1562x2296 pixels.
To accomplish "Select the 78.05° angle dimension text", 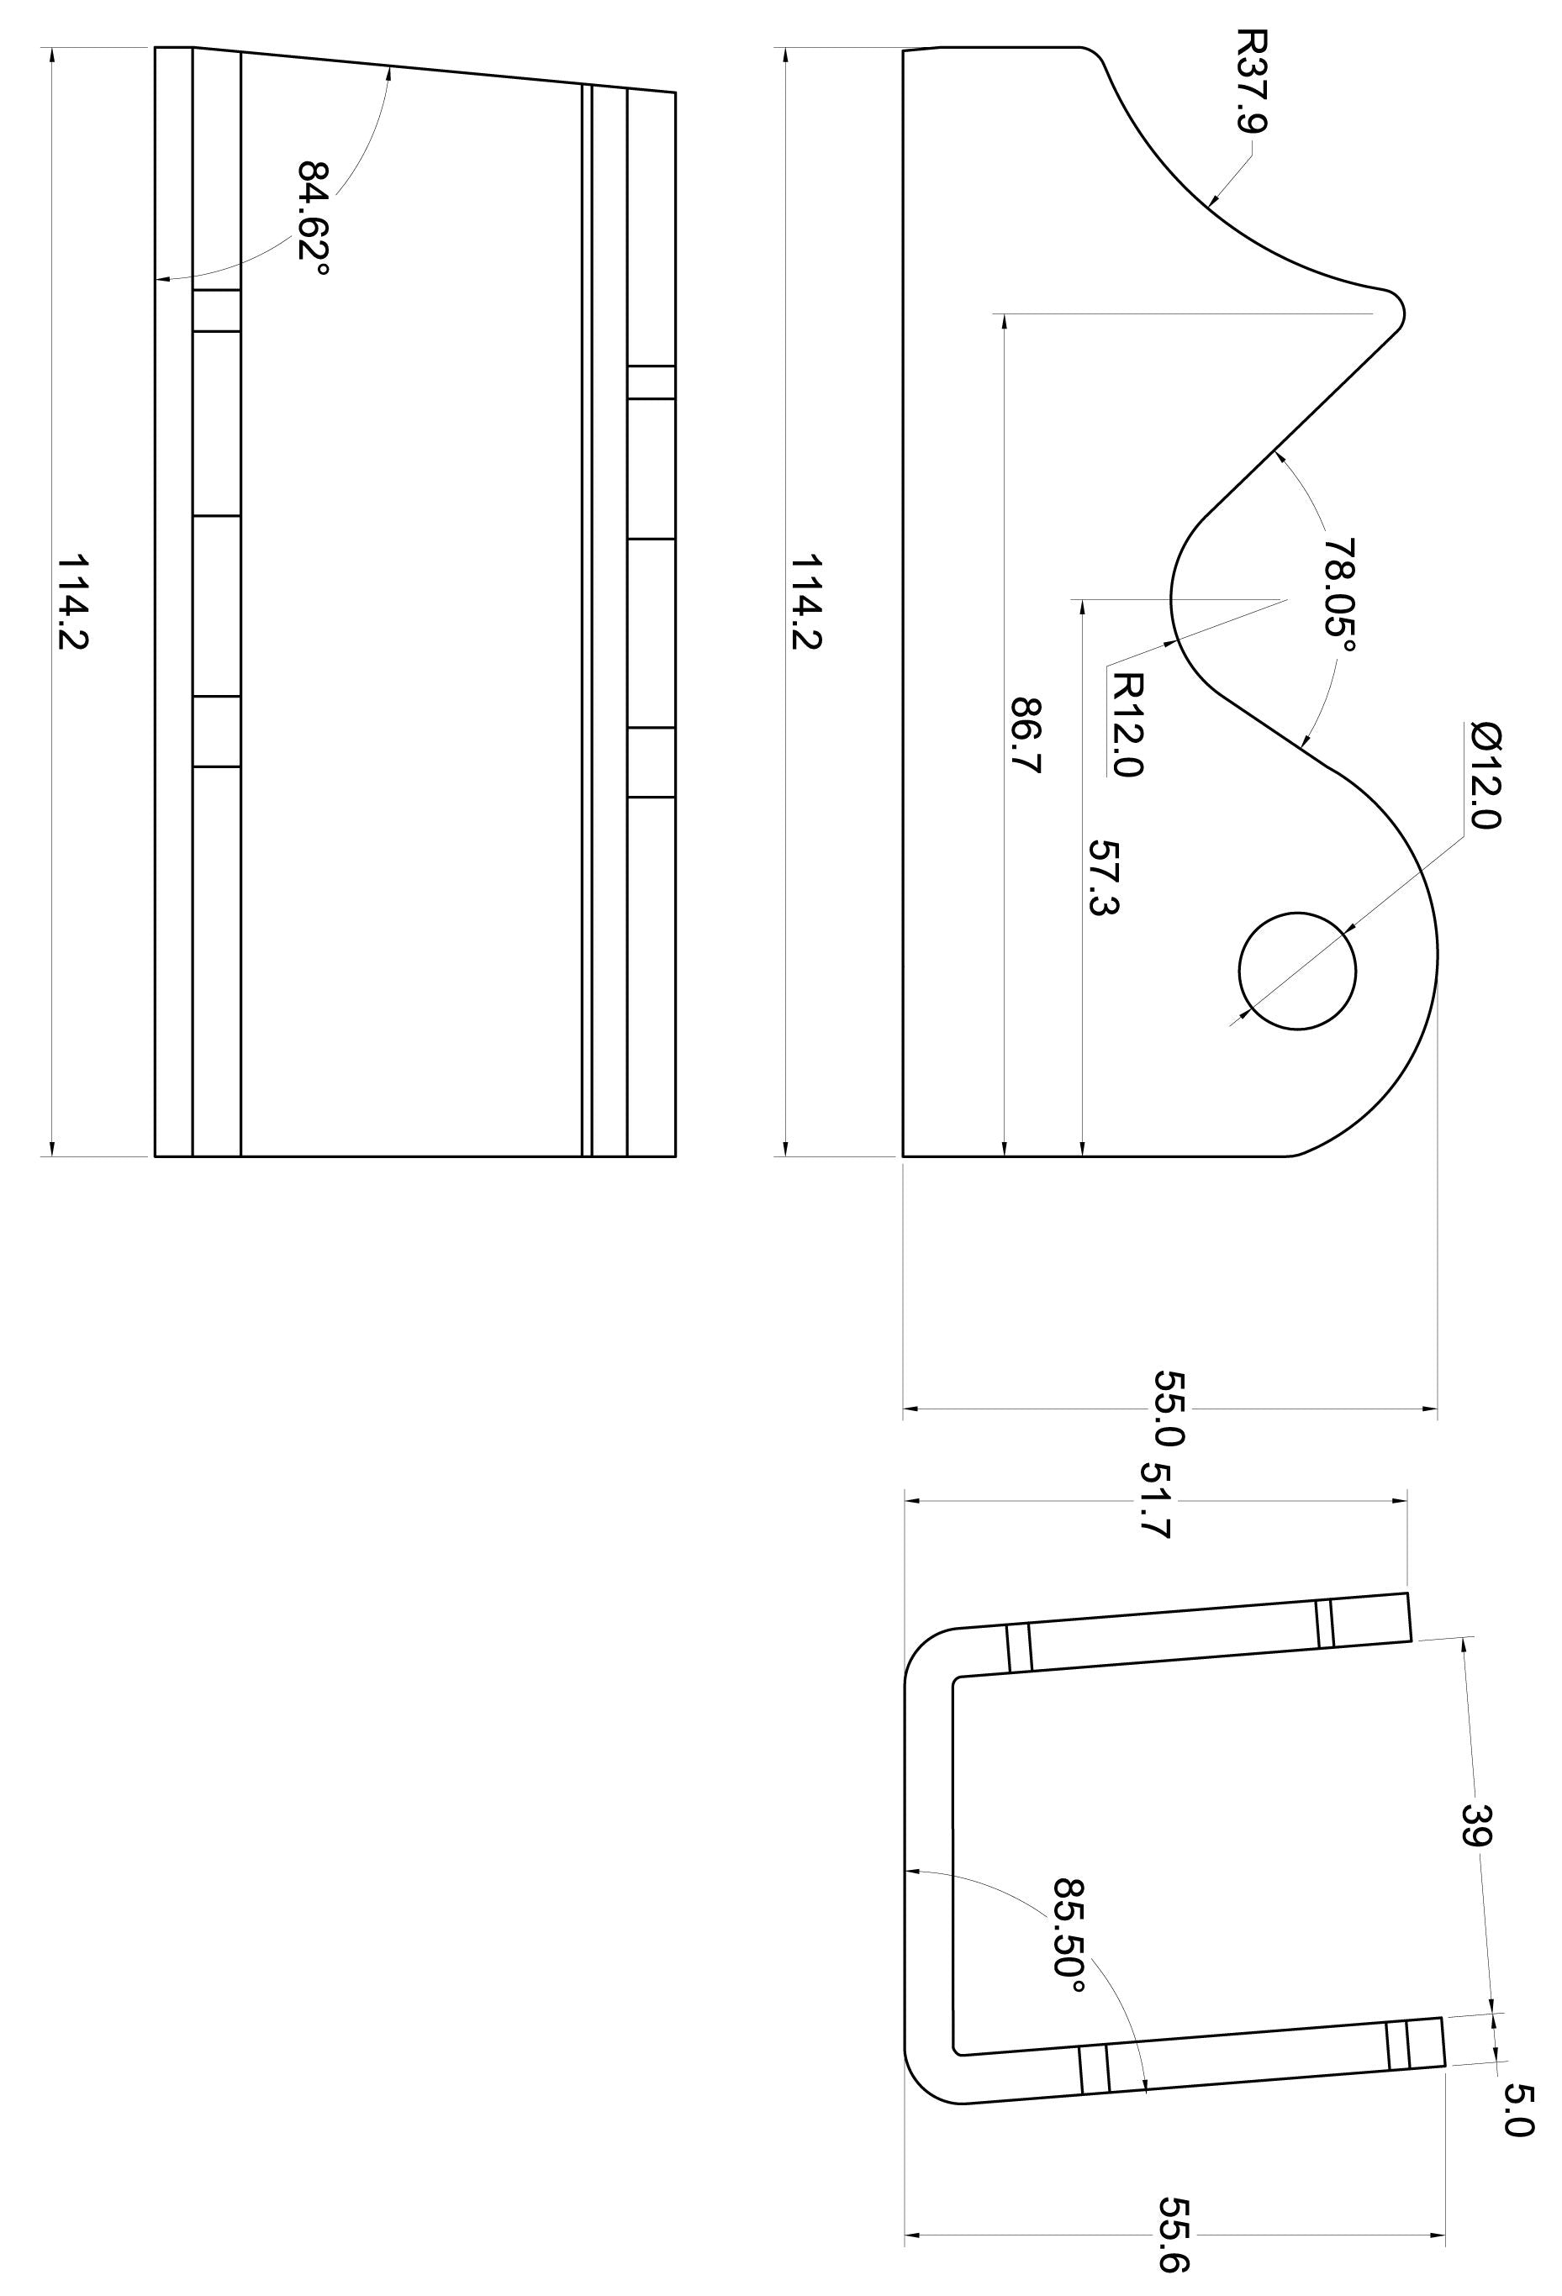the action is click(x=1340, y=595).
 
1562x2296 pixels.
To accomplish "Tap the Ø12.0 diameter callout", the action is click(x=1484, y=776).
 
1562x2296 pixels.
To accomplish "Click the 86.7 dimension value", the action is click(x=1027, y=736).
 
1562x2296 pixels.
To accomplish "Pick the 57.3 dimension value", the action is click(x=1104, y=878).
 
